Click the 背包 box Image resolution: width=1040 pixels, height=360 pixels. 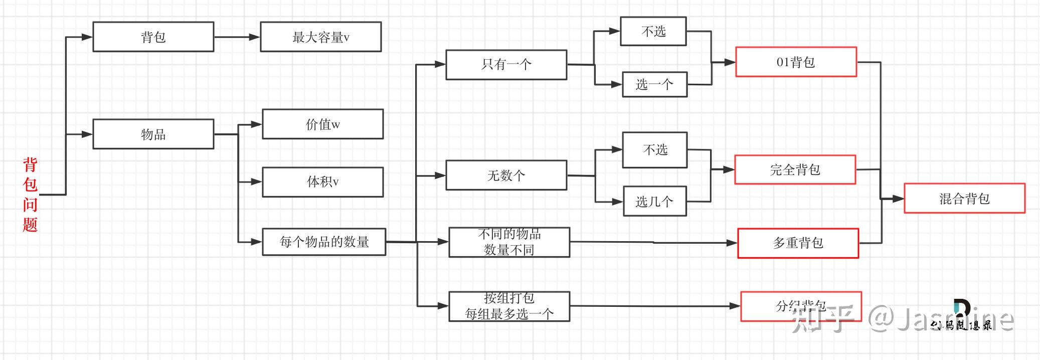[153, 37]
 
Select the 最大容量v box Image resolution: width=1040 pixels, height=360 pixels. [320, 37]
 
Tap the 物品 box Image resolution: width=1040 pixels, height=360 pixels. [153, 134]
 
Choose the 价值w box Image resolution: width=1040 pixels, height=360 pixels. [322, 124]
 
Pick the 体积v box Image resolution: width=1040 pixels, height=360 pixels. [322, 182]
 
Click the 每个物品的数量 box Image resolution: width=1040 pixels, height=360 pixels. [324, 242]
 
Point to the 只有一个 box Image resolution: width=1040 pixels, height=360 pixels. [506, 64]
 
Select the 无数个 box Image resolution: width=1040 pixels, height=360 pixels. [506, 175]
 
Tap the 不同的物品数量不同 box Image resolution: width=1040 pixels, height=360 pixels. [509, 242]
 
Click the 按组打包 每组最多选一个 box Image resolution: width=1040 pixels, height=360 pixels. [509, 306]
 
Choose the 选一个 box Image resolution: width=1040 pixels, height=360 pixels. [654, 84]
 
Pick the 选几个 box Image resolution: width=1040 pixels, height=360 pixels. [654, 202]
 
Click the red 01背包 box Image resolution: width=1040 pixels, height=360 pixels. [796, 62]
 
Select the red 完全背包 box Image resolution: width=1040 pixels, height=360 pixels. [795, 169]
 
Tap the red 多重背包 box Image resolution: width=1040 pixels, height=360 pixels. [798, 243]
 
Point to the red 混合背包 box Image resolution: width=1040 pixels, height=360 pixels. [964, 199]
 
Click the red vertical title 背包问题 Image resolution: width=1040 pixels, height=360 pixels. [30, 195]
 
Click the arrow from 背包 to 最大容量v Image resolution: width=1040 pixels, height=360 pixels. [237, 37]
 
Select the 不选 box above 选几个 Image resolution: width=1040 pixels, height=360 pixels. [654, 149]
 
